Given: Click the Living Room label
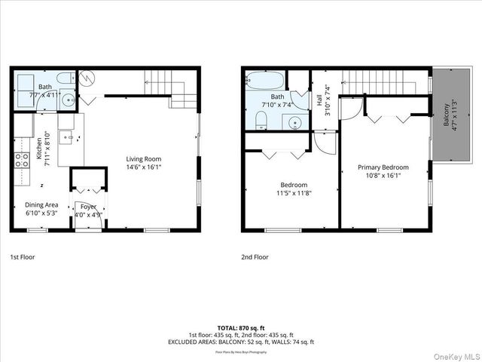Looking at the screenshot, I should click(143, 158).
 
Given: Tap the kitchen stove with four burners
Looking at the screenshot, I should click(17, 159).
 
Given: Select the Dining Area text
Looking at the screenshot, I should click(42, 205).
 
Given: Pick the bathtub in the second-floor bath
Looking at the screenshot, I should click(265, 79).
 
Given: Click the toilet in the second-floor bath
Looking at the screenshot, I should click(258, 121).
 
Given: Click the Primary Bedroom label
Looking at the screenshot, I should click(383, 167).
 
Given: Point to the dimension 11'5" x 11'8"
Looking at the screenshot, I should click(294, 193).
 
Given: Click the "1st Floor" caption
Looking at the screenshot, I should click(23, 257).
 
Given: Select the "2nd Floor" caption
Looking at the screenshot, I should click(255, 257).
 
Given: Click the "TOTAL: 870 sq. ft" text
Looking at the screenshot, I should click(241, 328).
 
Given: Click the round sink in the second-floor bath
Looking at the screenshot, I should click(294, 122).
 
